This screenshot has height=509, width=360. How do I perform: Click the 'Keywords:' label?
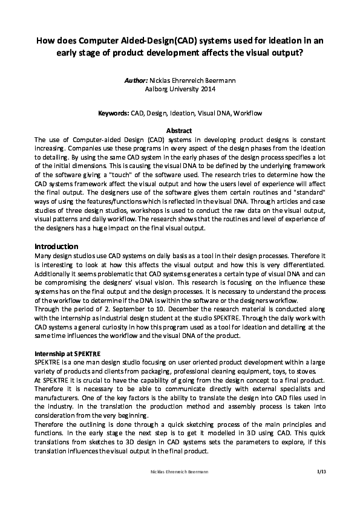(x=114, y=113)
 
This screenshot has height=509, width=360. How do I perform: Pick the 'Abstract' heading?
(x=179, y=131)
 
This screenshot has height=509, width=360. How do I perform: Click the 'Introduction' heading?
(x=56, y=246)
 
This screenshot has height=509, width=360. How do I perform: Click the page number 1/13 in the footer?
(x=321, y=470)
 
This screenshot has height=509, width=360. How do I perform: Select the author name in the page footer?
(x=180, y=470)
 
